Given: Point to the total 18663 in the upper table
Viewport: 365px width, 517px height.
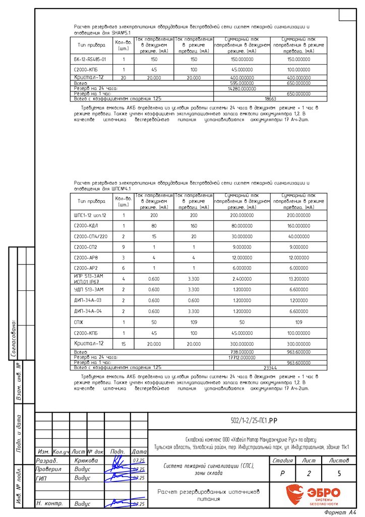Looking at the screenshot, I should pos(270,99).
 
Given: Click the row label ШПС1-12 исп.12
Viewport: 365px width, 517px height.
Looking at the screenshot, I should pos(90,215).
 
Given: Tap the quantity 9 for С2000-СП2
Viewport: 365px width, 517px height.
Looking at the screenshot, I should pos(124,247).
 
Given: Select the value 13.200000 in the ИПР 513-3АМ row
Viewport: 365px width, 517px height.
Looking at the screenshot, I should pos(298,279).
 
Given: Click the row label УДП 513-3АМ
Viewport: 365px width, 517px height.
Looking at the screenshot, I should pos(89,289).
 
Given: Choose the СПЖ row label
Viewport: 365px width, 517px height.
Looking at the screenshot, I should pos(79,321).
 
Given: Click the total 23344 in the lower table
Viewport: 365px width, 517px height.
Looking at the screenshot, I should pos(270,368).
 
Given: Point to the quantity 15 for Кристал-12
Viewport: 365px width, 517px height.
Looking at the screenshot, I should pos(124,343).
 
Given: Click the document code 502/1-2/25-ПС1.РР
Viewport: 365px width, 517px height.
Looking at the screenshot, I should pos(251,420).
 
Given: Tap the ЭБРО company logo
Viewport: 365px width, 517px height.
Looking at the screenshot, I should pos(313,494).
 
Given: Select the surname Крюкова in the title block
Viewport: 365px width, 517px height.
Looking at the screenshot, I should pos(86,460).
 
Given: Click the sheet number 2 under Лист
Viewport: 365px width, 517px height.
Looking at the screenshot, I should pos(308,474).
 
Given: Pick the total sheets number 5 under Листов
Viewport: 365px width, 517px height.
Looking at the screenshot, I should pos(339,474).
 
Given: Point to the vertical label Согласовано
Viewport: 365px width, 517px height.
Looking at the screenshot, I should pos(14,339).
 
